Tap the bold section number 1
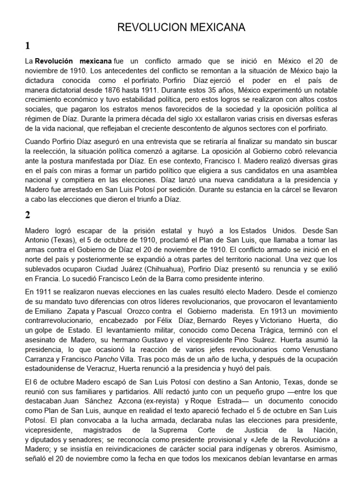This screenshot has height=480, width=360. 28,46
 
